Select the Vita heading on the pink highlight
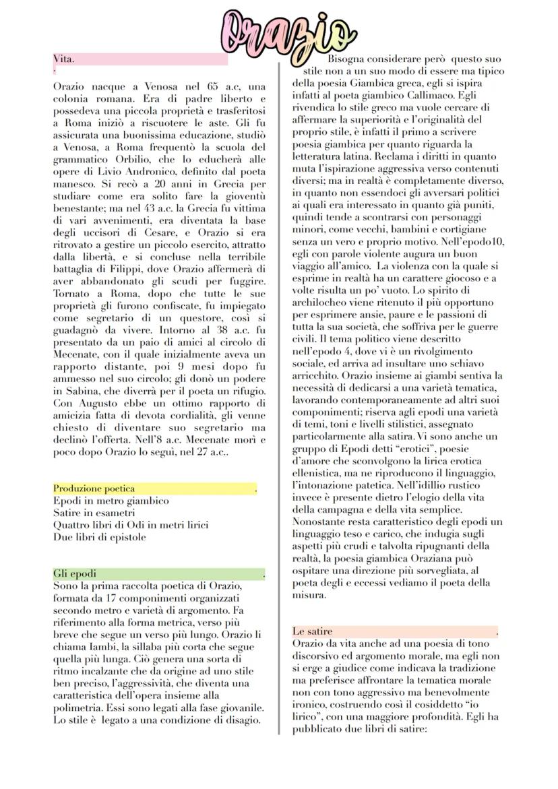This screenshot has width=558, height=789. [64, 59]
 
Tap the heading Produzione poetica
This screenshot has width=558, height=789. [94, 488]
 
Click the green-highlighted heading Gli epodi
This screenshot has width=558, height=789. [75, 573]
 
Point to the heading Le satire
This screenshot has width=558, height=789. [312, 631]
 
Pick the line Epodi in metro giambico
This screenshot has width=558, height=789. [111, 501]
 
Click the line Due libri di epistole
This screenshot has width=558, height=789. [100, 537]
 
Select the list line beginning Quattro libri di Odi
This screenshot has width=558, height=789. [131, 525]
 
